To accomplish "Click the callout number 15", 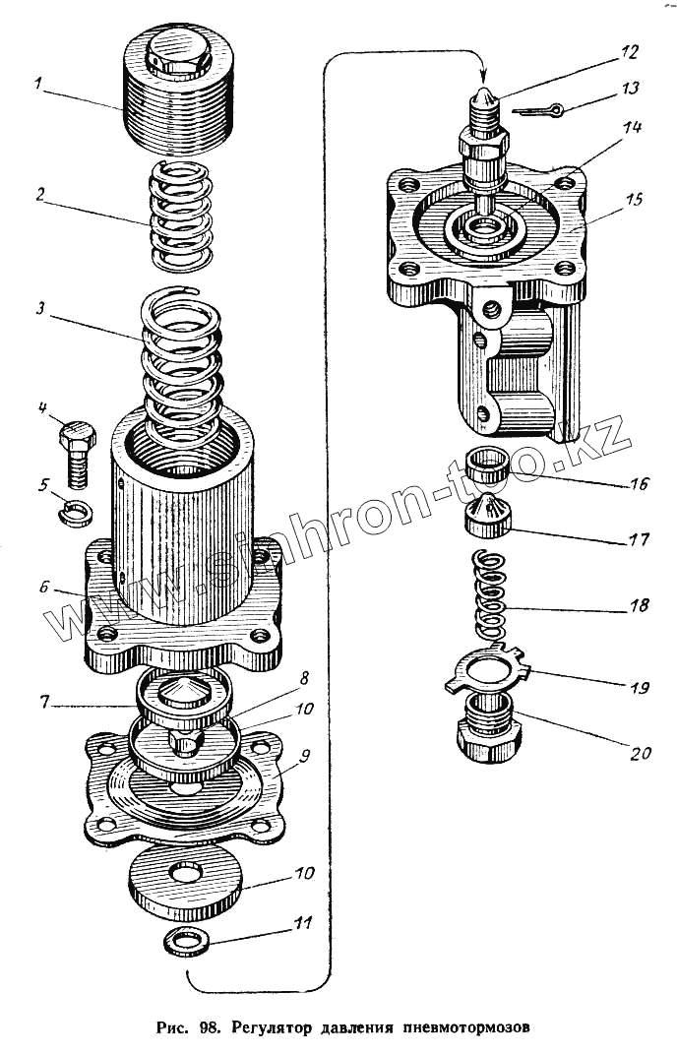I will [634, 200].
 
